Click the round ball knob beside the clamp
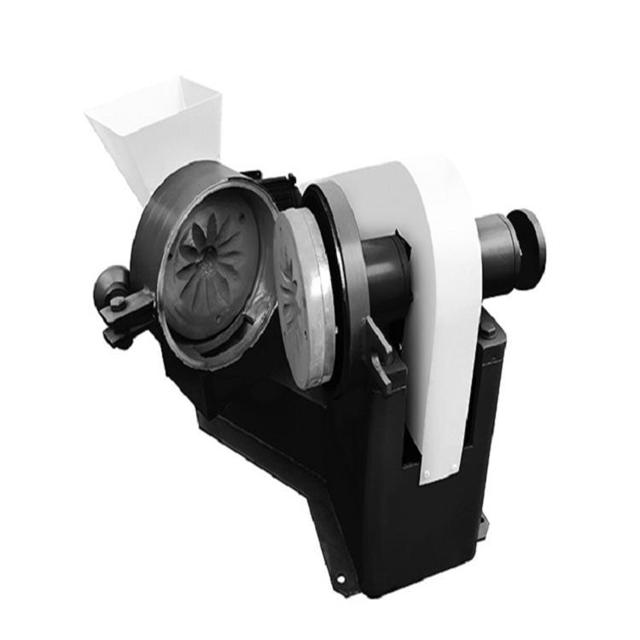click(110, 282)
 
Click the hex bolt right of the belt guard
click(488, 328)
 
